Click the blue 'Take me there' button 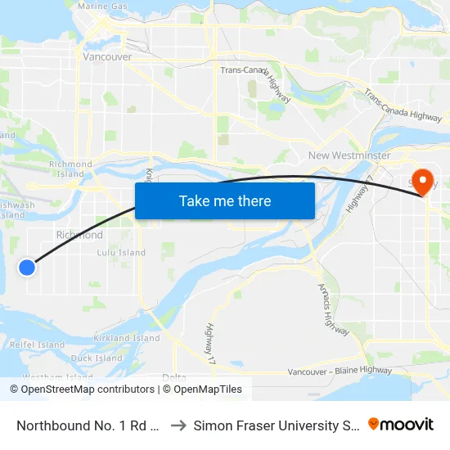(x=225, y=200)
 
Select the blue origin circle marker (x=27, y=267)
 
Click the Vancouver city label (x=107, y=57)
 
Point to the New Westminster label (x=349, y=155)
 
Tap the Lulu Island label (x=121, y=253)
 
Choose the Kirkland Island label (x=127, y=338)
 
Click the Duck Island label (x=97, y=358)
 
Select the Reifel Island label (x=37, y=345)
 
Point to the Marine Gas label (x=102, y=7)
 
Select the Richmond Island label (x=70, y=169)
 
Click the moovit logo (x=401, y=425)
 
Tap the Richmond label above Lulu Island (x=79, y=235)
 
